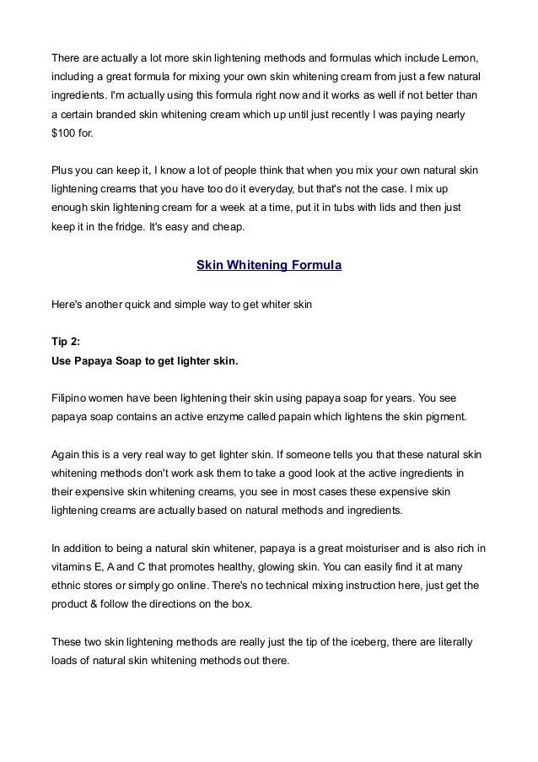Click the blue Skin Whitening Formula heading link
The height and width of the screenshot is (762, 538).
[269, 265]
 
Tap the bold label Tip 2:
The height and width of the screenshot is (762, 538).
[67, 343]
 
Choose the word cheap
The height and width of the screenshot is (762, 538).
[226, 227]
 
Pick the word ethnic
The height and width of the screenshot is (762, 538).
[67, 589]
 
